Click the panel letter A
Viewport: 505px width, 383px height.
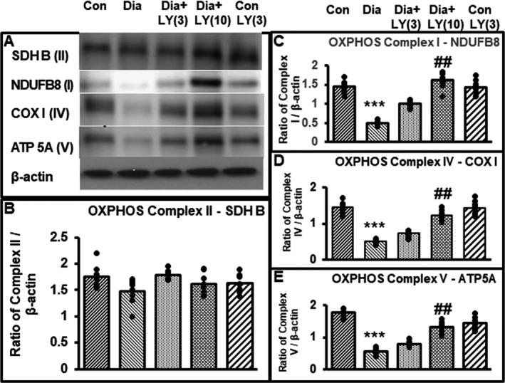point(9,42)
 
